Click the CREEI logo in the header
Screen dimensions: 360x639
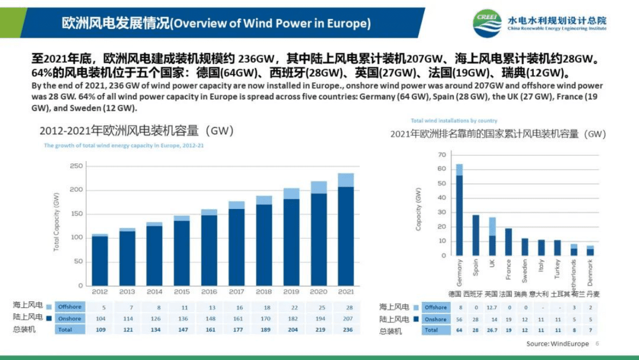487,23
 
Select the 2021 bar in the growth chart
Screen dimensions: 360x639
346,231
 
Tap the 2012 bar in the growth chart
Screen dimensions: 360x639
100,260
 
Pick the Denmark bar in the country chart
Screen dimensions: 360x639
590,251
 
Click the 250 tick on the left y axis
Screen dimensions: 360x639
76,166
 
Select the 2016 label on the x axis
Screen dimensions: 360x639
209,292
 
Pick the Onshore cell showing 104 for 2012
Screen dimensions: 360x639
99,319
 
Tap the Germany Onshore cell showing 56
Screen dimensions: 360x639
459,319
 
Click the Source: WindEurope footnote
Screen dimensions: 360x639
557,344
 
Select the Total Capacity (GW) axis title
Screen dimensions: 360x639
56,221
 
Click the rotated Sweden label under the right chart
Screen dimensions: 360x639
525,271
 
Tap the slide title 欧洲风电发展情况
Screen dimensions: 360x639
115,23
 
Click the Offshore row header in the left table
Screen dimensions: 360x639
70,307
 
